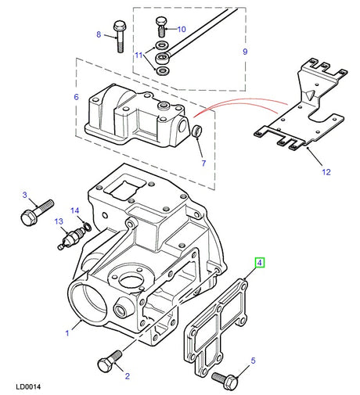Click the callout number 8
tap(99, 34)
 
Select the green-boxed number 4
tap(259, 263)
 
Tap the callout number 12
tap(326, 172)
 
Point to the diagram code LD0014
tap(28, 386)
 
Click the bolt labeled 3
tap(37, 213)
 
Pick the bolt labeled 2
tap(110, 361)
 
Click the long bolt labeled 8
tap(120, 37)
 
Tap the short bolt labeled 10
tap(161, 27)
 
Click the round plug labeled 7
tap(197, 131)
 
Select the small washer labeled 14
tap(88, 227)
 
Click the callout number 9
tap(245, 52)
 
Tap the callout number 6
tap(76, 97)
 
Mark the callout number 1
tap(67, 333)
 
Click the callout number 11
tap(139, 56)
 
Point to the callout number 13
tap(59, 221)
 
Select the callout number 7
tap(203, 163)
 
